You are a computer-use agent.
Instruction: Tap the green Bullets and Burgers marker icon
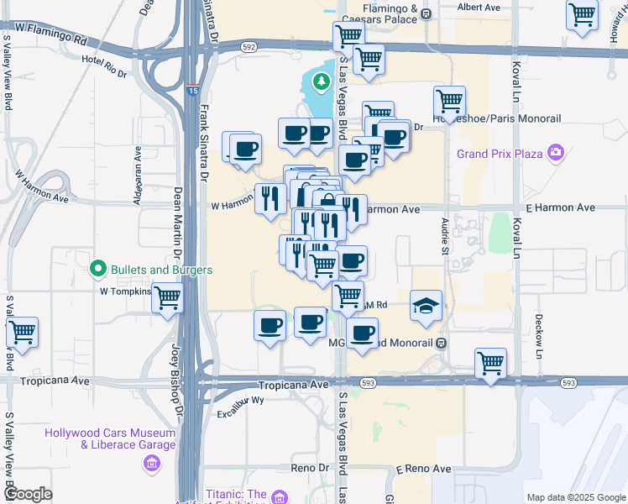98,270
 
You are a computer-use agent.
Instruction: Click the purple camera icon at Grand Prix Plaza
555,153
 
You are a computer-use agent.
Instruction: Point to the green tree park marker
320,81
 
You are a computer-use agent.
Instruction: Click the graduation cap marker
427,305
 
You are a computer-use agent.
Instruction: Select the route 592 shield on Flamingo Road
249,48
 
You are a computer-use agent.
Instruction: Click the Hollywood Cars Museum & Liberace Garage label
110,438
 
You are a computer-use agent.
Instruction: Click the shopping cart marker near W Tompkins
169,297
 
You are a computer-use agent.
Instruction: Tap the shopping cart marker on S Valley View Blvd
22,332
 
